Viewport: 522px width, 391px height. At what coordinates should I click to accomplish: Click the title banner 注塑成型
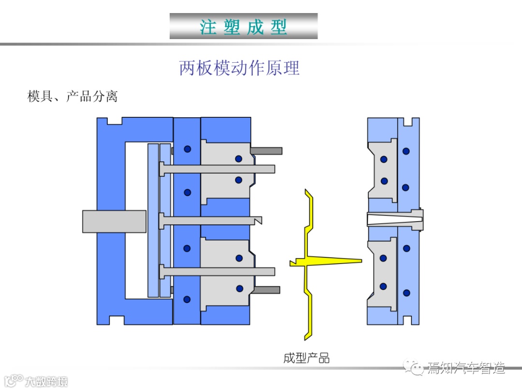[x=244, y=26]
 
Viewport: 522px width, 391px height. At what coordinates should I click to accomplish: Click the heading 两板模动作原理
[x=239, y=68]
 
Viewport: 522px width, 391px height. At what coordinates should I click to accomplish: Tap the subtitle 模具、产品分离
[x=72, y=96]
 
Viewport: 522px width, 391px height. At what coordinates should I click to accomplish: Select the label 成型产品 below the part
[x=306, y=358]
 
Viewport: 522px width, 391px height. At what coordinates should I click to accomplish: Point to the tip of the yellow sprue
[x=360, y=261]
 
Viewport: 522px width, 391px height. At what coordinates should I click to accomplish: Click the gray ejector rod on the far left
[x=114, y=221]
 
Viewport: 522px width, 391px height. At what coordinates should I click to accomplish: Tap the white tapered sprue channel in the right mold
[x=387, y=220]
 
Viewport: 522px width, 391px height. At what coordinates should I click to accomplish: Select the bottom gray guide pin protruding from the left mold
[x=266, y=290]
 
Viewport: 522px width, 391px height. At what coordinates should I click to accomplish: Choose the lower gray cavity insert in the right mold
[x=382, y=273]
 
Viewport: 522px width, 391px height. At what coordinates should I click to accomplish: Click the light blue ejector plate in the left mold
[x=154, y=220]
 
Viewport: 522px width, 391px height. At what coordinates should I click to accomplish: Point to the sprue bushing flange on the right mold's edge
[x=419, y=220]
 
